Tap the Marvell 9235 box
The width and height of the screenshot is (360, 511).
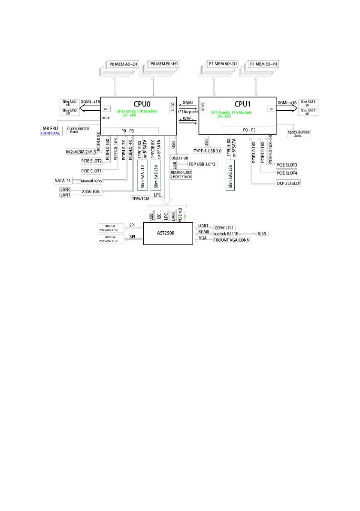click(92, 181)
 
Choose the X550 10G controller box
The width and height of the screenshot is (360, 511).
click(92, 192)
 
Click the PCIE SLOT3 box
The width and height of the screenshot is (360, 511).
click(287, 165)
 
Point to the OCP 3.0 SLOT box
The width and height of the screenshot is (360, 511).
click(289, 183)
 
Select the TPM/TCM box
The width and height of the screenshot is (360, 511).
click(141, 198)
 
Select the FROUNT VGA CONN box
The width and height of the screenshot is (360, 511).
click(232, 240)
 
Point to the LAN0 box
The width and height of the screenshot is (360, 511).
click(66, 189)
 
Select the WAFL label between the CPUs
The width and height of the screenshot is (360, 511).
click(188, 117)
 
